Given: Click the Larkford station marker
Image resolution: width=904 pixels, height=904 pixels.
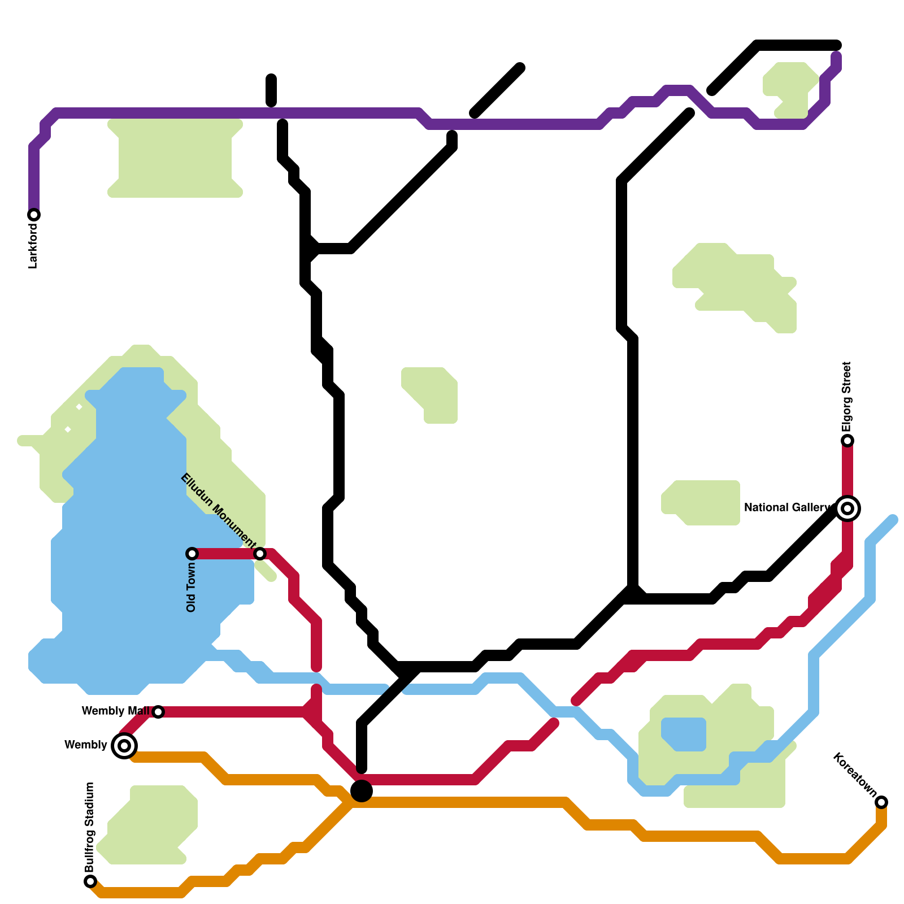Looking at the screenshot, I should pos(34,215).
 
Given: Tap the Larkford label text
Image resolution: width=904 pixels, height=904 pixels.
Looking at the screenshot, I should pos(33,246).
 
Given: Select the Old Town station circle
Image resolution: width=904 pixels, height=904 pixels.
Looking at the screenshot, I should pos(192,553).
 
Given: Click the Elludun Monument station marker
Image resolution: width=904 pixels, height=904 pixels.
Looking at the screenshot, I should pos(260,553).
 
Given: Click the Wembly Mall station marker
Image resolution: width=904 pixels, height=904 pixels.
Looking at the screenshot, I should pos(158,711).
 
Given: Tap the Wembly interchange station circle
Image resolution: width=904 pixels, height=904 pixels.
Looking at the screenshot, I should pos(124,745).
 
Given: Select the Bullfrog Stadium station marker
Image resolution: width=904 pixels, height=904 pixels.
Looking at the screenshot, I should pos(90,881).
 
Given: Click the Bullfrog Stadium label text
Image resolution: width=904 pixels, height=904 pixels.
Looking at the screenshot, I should pos(89,827).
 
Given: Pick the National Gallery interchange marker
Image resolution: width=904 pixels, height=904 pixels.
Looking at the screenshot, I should pos(847,508).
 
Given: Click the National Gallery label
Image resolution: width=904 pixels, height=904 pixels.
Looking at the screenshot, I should pos(788,507).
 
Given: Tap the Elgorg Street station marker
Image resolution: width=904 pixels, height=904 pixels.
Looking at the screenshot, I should pos(847,440).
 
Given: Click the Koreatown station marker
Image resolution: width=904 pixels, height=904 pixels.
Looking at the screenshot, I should pos(881,802).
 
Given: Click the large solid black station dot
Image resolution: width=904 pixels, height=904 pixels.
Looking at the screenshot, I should pos(362,791).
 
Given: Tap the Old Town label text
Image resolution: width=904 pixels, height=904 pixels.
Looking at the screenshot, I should pos(191,586).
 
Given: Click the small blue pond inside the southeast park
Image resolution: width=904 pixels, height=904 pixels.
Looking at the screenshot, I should pos(684,733).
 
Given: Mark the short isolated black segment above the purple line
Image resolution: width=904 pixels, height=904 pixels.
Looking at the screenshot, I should pos(271,90).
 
